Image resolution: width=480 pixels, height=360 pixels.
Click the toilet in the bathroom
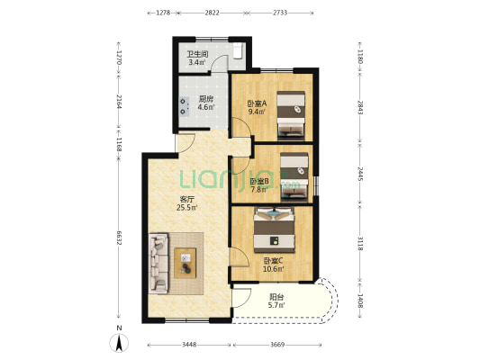tap(238, 50)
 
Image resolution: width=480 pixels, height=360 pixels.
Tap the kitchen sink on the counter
tap(183, 106)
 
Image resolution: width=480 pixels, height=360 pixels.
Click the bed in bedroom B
tap(294, 176)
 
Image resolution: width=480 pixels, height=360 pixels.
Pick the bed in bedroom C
tap(274, 229)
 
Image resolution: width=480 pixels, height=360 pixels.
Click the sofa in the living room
tap(158, 264)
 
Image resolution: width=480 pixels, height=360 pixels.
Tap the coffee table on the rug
tap(186, 263)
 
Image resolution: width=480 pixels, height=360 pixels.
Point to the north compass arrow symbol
tap(119, 343)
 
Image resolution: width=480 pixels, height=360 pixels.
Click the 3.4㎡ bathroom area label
tap(196, 63)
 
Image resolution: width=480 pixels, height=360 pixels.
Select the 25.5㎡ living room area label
tap(186, 208)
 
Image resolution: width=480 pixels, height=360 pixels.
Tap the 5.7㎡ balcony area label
tap(276, 304)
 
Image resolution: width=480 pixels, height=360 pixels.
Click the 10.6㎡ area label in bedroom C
tap(274, 269)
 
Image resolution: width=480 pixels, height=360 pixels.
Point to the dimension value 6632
tap(119, 237)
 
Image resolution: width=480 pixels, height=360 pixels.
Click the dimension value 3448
tap(189, 345)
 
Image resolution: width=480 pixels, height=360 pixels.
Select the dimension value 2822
tap(213, 13)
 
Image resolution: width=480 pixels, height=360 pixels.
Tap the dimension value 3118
tap(360, 244)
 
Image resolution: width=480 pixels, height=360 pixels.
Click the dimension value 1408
tap(360, 301)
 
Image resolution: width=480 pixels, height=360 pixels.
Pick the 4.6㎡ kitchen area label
tap(205, 107)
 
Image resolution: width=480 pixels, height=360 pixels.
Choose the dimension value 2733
tap(280, 13)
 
